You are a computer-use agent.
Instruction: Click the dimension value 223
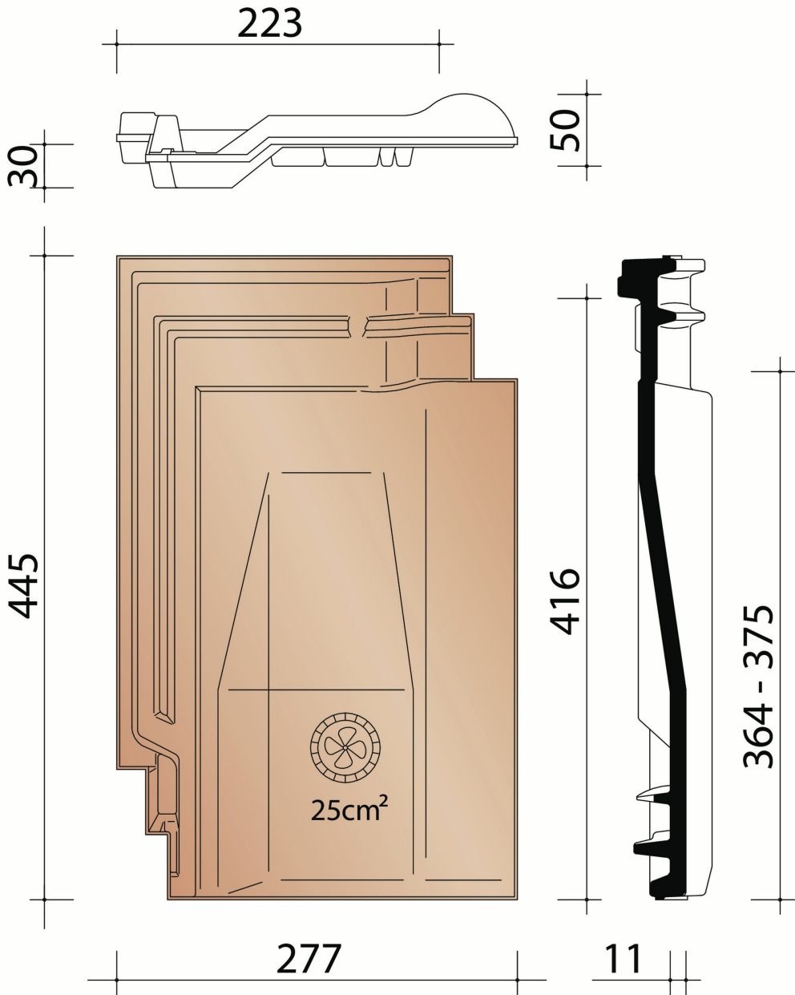(x=270, y=23)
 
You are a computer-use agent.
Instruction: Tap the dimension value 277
(x=309, y=958)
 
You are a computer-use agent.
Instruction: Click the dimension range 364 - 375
(x=758, y=686)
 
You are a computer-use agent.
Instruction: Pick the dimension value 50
(x=566, y=130)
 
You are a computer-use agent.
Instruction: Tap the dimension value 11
(x=623, y=958)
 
